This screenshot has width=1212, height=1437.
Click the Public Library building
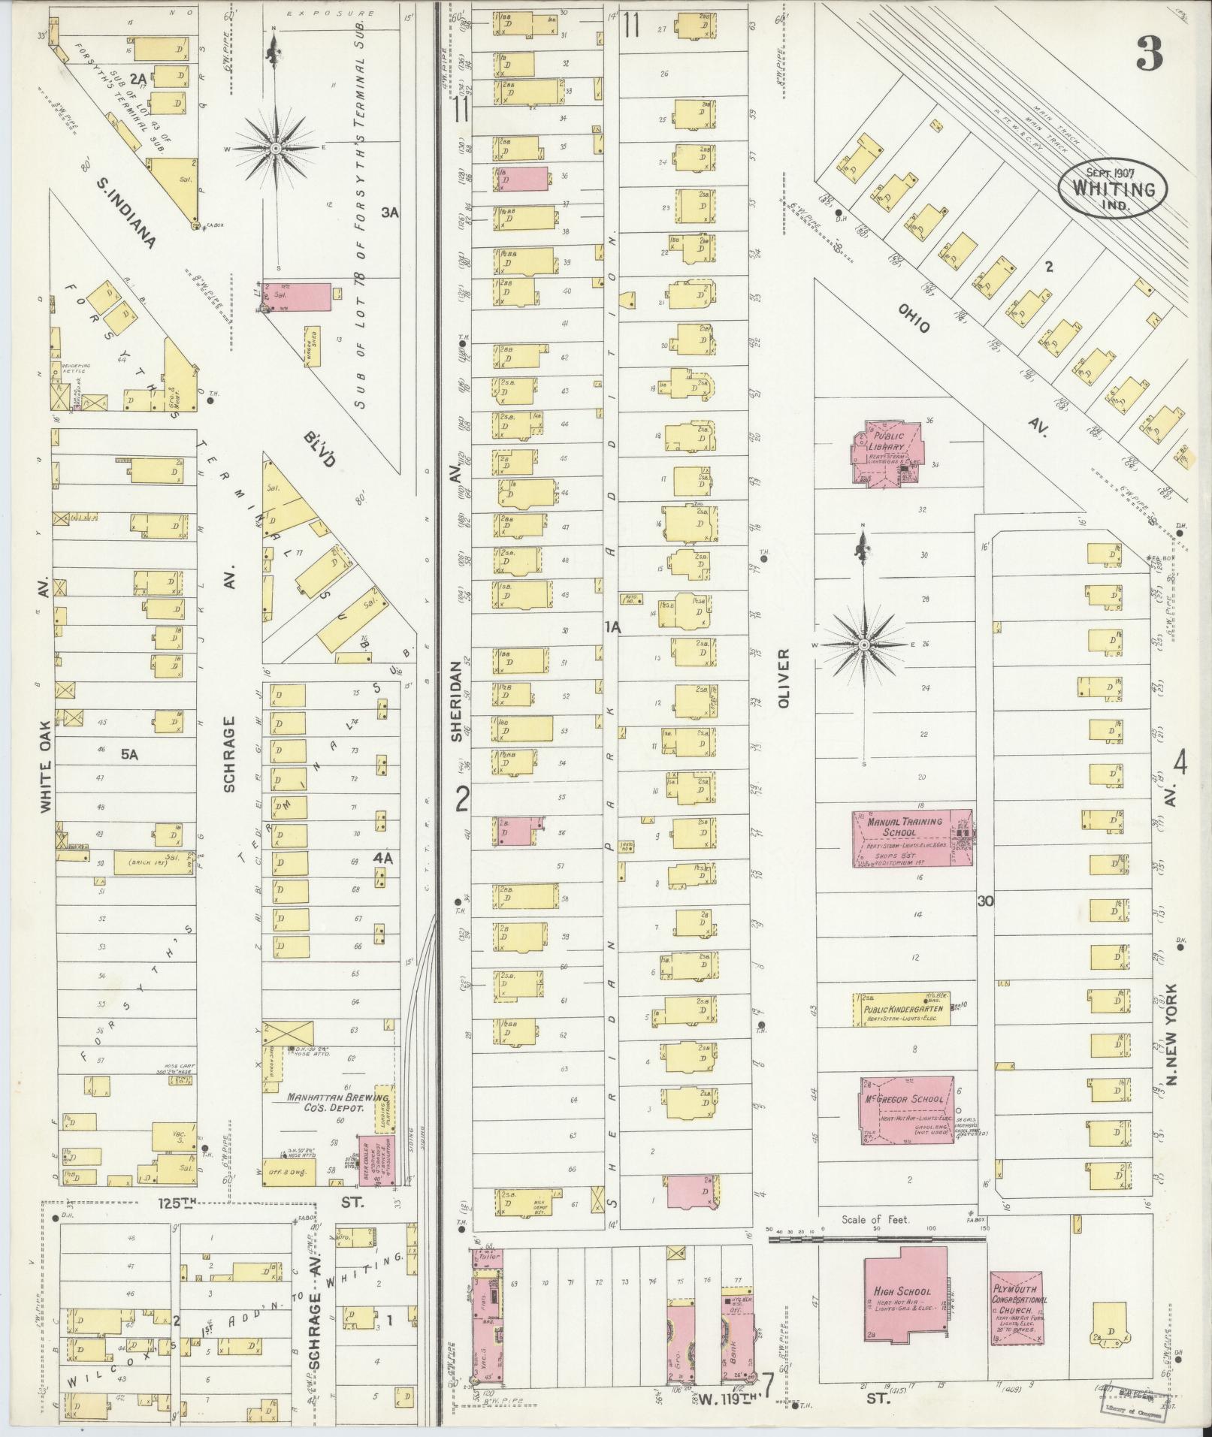887,454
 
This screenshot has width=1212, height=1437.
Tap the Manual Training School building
911,838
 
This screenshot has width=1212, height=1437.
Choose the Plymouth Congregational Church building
1016,1306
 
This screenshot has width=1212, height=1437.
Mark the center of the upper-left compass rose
275,149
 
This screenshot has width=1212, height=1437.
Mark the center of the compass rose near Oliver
864,645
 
